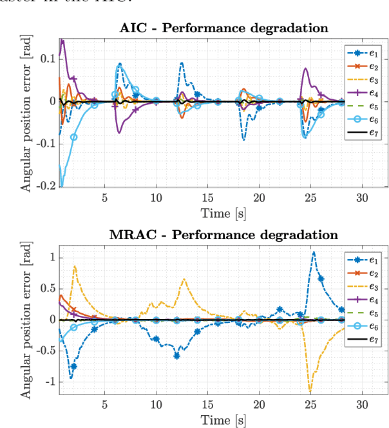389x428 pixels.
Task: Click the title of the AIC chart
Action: (223, 28)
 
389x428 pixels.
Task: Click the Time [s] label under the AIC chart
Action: (223, 212)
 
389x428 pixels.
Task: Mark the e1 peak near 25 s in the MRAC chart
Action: (314, 252)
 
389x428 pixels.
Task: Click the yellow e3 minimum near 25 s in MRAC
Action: (310, 390)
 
